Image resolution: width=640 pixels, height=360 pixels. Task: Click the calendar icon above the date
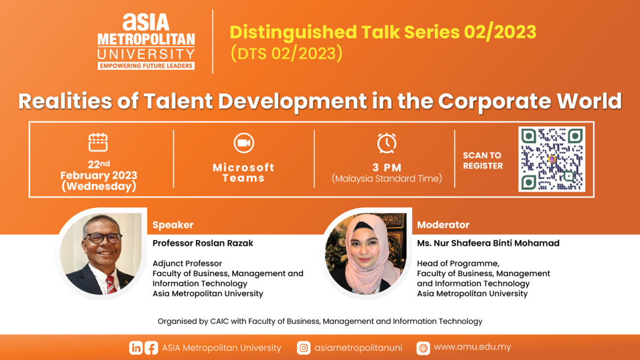click(98, 142)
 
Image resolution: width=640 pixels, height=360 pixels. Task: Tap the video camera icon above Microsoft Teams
click(244, 143)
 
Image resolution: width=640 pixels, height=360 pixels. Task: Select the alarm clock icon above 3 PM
click(387, 143)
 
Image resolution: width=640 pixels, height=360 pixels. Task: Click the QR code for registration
click(551, 159)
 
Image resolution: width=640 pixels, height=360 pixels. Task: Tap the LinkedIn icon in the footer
click(135, 348)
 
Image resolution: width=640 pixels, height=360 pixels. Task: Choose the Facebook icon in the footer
click(151, 348)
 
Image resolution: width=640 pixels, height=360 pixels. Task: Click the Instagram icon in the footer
click(303, 348)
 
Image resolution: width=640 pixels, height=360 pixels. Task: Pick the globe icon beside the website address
click(423, 348)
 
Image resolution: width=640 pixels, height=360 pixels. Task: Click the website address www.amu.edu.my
click(473, 347)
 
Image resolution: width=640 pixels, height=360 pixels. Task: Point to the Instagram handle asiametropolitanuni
click(358, 348)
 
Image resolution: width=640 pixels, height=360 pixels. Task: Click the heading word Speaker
click(173, 225)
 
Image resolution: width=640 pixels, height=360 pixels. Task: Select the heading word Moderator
click(443, 225)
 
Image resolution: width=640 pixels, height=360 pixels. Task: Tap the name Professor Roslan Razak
click(203, 243)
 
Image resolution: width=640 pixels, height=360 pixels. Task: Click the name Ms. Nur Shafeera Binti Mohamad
click(488, 243)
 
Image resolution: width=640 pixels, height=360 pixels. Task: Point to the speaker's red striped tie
click(111, 285)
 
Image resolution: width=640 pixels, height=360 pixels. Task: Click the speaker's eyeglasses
click(103, 238)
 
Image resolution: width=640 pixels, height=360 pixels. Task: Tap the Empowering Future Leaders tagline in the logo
click(146, 66)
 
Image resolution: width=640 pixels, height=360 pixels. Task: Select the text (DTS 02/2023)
click(286, 53)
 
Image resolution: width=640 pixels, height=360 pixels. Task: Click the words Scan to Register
click(483, 161)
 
